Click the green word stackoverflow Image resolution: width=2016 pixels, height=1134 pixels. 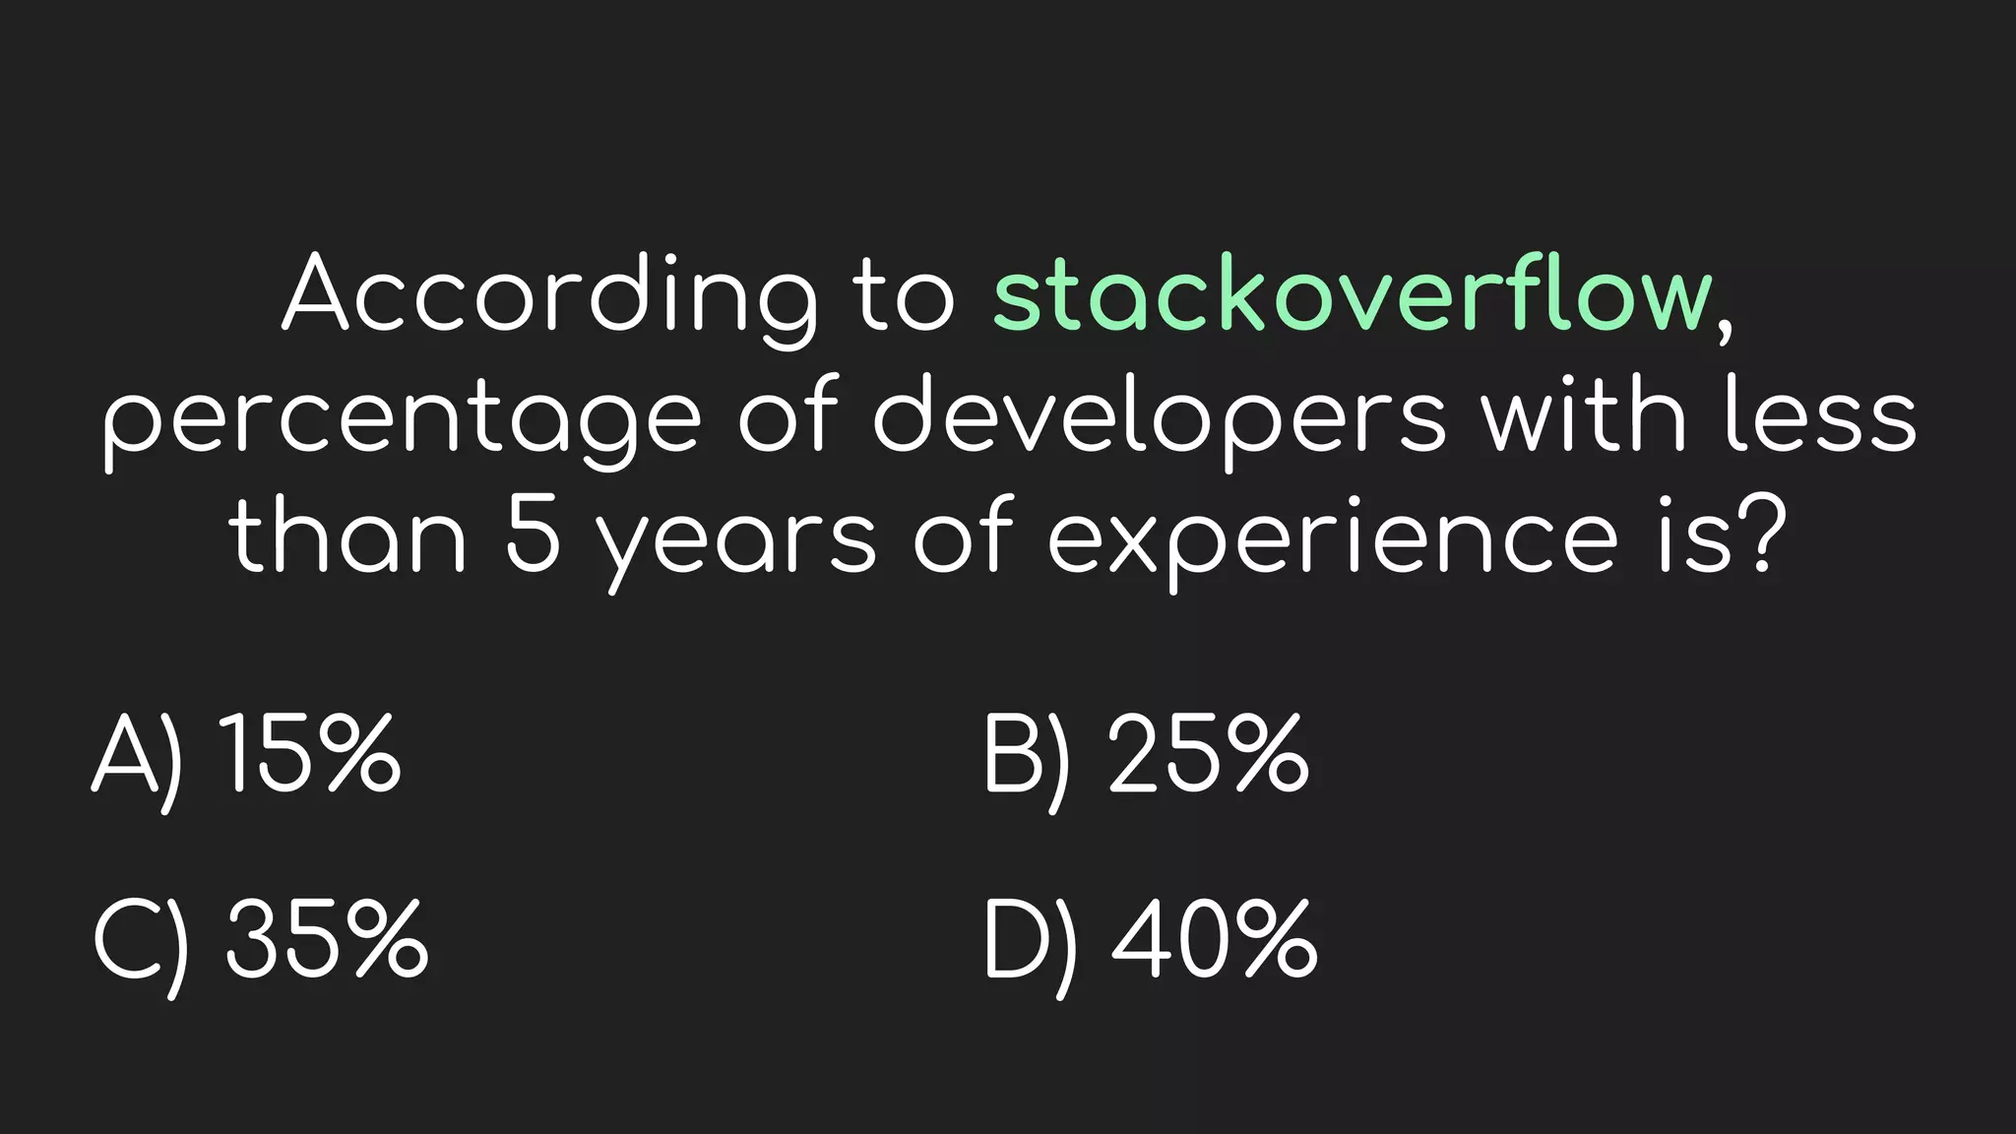[1354, 293]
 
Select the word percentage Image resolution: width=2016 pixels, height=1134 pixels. [402, 418]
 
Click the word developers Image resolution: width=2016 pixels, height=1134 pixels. [1160, 418]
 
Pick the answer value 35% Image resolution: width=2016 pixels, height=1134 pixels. [327, 939]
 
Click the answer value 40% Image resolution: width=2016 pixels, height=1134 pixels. [1215, 939]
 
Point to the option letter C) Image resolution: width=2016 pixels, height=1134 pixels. [142, 942]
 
